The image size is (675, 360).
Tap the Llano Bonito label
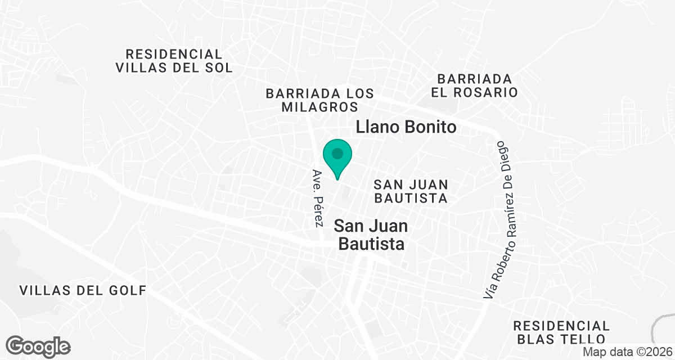coord(406,128)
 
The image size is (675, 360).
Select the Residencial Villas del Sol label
coord(174,61)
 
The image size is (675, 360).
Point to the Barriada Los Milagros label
coord(320,100)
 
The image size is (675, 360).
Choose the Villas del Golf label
coord(83,291)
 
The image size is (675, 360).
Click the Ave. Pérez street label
coord(318,197)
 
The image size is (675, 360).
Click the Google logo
coord(38,346)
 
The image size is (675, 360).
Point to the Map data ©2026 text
coord(627,352)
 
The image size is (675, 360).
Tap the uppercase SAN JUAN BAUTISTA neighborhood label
coord(411,191)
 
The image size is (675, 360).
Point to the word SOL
coord(216,68)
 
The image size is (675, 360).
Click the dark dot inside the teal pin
coord(337,153)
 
